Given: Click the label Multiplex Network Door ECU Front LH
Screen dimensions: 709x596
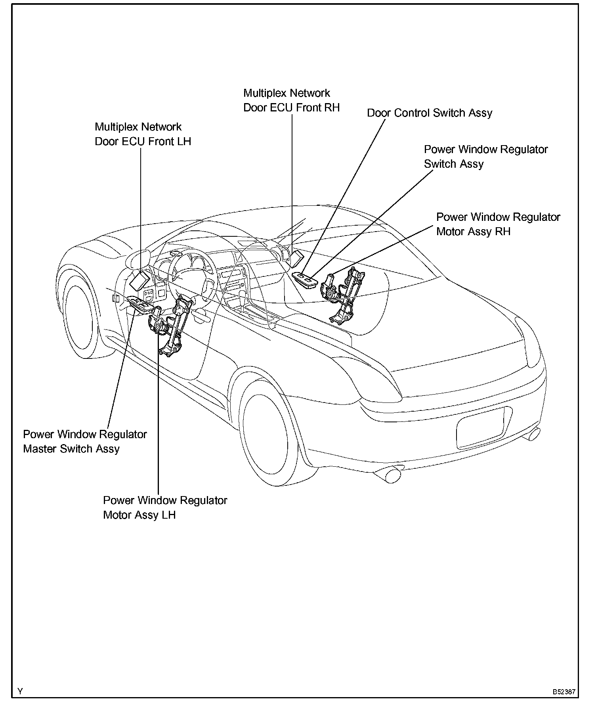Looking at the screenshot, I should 143,134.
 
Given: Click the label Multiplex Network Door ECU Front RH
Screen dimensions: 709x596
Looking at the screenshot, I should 291,100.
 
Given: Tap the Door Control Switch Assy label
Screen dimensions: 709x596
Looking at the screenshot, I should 430,113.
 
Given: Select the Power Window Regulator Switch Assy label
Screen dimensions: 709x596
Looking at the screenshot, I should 486,157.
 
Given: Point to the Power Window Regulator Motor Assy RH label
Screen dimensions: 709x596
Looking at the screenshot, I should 498,224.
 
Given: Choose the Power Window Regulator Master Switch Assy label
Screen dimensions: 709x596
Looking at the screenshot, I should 85,441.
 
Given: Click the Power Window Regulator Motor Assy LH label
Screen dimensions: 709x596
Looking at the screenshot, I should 165,508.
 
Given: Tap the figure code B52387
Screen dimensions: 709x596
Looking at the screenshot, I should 564,692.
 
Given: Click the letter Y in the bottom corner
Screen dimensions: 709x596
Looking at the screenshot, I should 20,692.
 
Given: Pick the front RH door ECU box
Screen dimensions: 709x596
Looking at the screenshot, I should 297,258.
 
